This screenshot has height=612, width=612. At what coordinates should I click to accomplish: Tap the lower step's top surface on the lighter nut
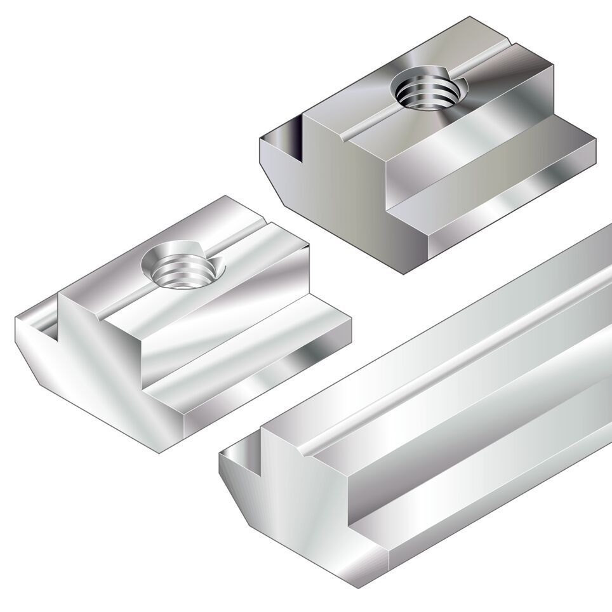click(254, 356)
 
